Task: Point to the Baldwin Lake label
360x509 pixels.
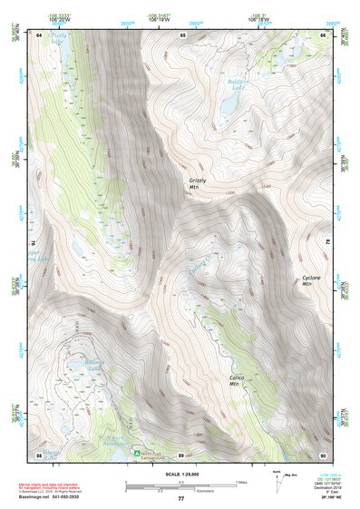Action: click(x=238, y=84)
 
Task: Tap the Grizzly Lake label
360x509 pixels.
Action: click(x=58, y=39)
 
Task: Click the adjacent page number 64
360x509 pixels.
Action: click(x=40, y=34)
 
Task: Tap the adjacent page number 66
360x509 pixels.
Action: click(x=324, y=34)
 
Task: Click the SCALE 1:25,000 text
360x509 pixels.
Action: click(x=180, y=474)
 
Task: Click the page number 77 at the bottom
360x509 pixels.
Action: click(x=180, y=499)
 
